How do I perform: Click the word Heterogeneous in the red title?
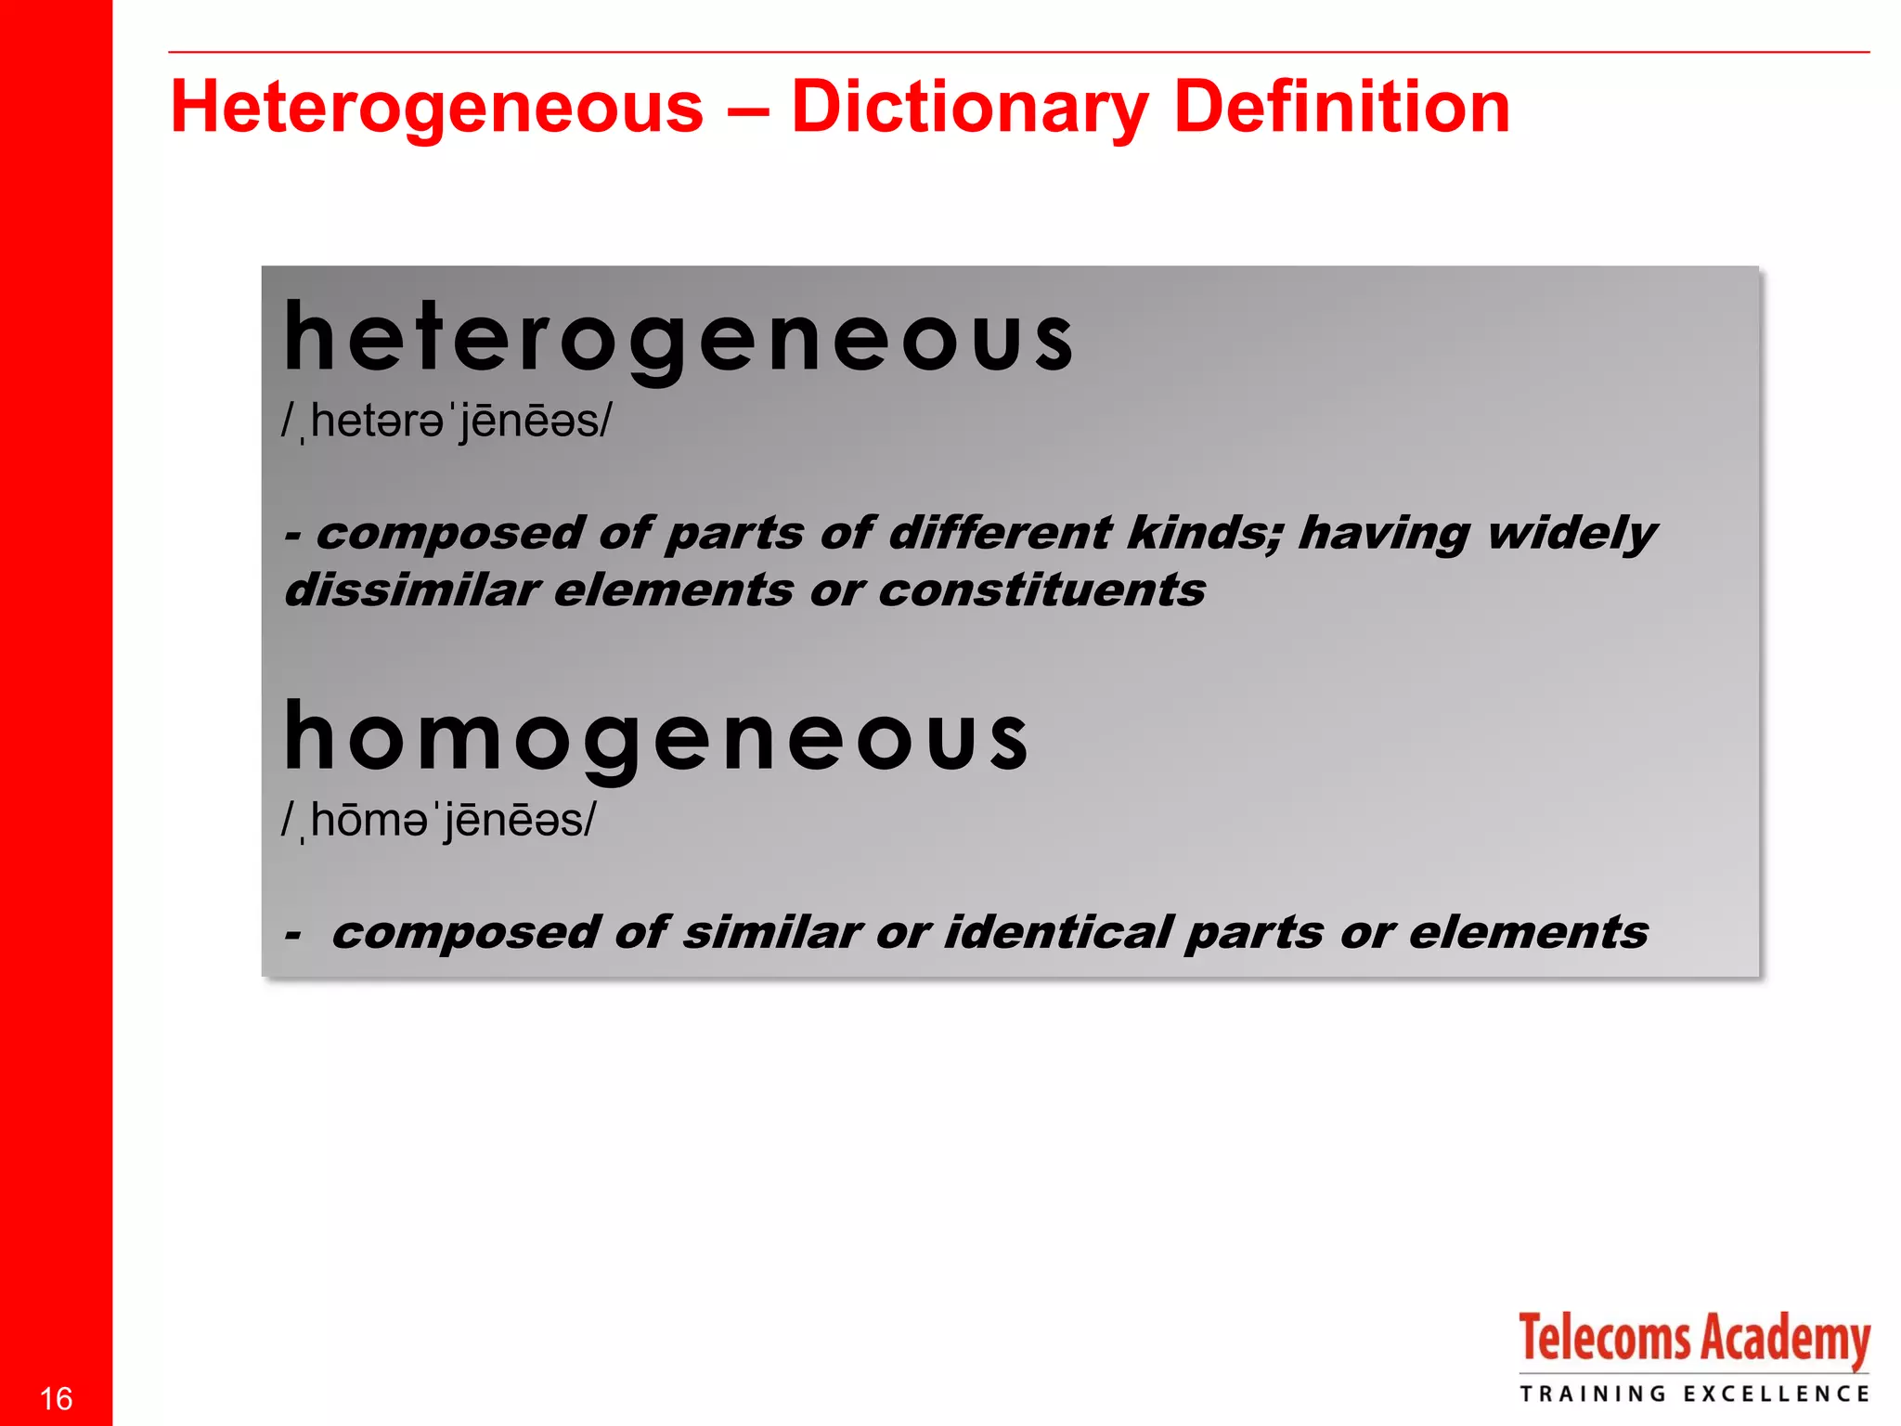[x=437, y=108]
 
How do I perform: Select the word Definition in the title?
[x=1341, y=108]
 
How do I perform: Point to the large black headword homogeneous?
[x=655, y=737]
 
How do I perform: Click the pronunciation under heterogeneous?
[x=447, y=422]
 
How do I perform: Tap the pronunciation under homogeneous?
[x=439, y=821]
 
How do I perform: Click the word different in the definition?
[x=999, y=533]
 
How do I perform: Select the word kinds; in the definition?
[x=1205, y=533]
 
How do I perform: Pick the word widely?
[x=1571, y=535]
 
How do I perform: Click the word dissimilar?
[x=412, y=590]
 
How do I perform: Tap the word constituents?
[x=1041, y=590]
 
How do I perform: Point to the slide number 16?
[x=57, y=1398]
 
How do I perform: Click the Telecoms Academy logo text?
[x=1693, y=1340]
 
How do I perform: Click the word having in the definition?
[x=1383, y=535]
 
